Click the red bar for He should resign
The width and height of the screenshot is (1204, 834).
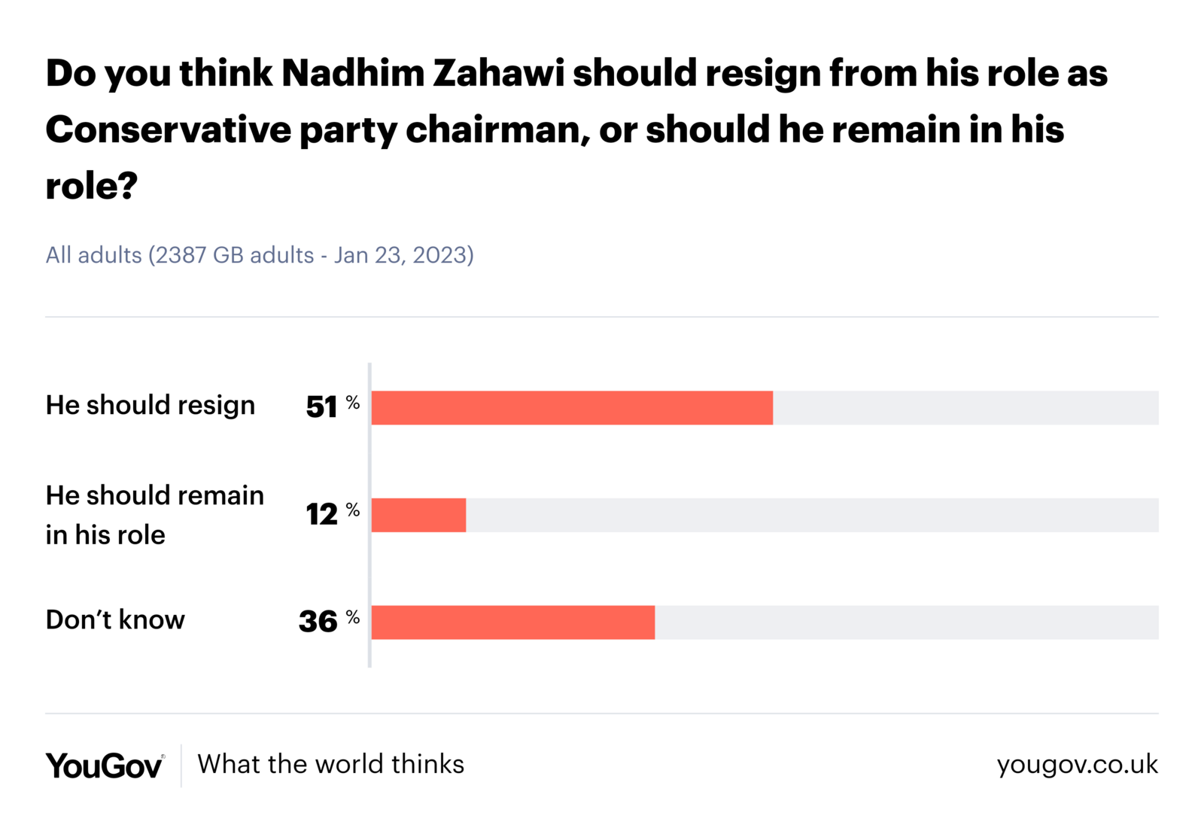coord(572,408)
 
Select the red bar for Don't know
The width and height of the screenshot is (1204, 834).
coord(513,622)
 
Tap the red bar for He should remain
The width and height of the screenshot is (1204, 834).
coord(418,516)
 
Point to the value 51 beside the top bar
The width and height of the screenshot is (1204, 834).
coord(321,407)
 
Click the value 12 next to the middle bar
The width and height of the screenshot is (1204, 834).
coord(321,515)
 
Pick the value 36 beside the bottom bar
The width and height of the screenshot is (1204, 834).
coord(318,622)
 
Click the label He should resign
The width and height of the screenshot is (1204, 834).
coord(150,405)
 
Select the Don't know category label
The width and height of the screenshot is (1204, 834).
coord(115,619)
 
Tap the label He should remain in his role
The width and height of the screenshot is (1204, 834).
coord(154,515)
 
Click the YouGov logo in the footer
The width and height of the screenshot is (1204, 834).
coord(105,766)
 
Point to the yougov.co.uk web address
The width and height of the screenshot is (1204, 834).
coord(1077,764)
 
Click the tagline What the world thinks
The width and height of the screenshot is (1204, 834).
coord(330,764)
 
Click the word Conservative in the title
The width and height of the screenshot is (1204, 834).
coord(168,129)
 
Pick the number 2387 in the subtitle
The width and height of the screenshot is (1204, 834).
coord(181,255)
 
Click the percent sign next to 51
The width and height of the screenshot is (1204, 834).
coord(353,403)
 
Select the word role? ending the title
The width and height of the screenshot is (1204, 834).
coord(91,186)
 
